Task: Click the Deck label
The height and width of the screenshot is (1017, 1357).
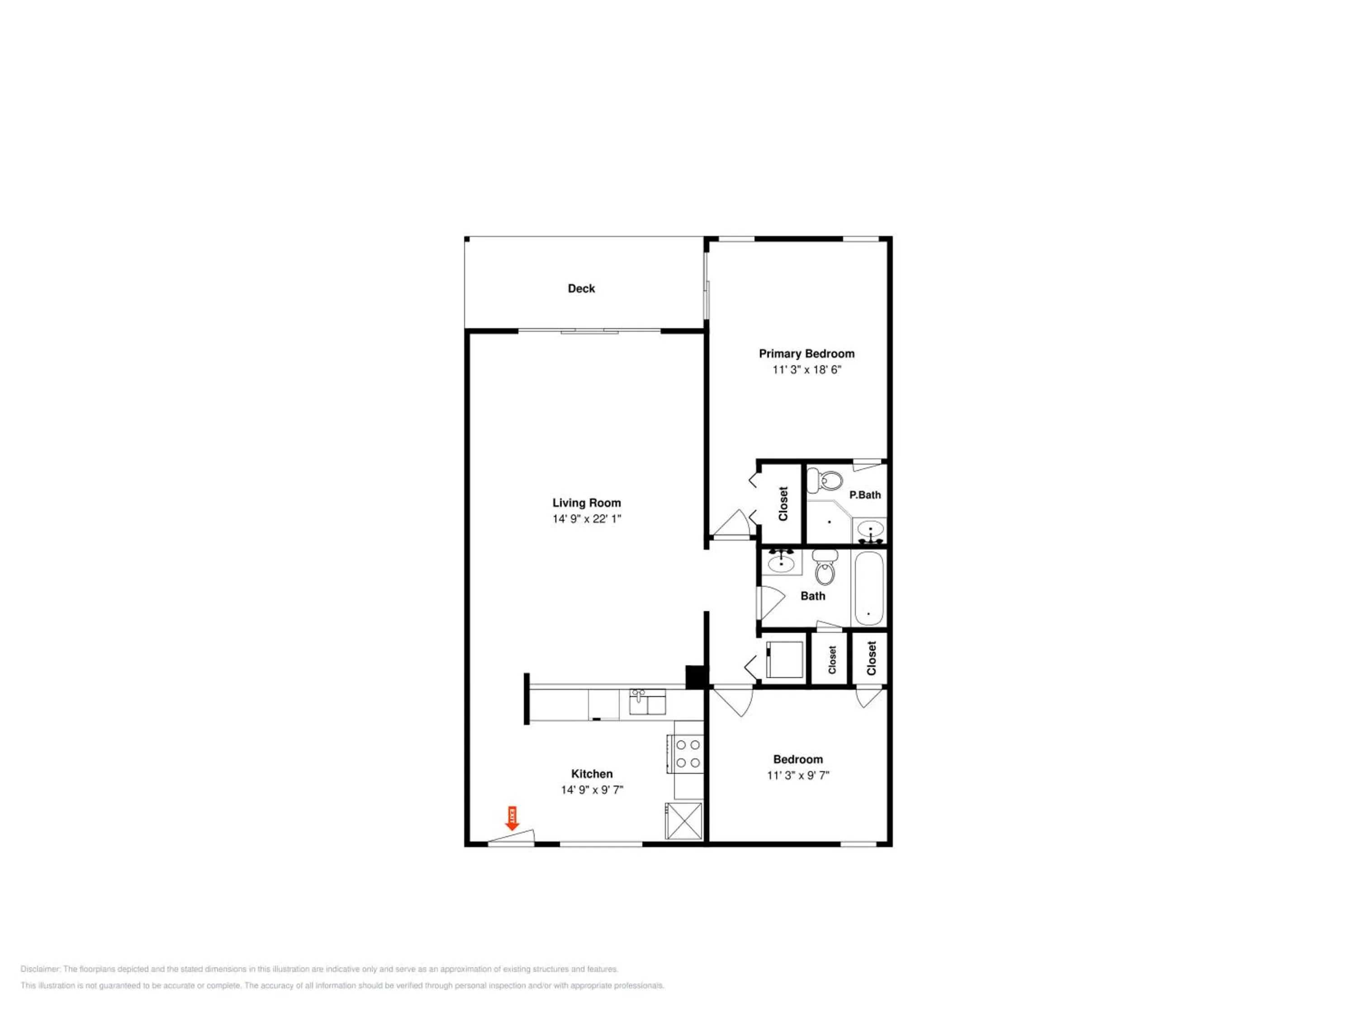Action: pyautogui.click(x=581, y=288)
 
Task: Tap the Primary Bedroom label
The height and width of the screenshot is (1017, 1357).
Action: pyautogui.click(x=806, y=354)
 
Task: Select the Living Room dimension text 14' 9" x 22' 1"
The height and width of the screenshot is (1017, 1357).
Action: pyautogui.click(x=587, y=518)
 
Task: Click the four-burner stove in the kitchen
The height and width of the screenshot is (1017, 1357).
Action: pyautogui.click(x=688, y=754)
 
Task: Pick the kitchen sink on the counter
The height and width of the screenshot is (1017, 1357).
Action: pyautogui.click(x=647, y=702)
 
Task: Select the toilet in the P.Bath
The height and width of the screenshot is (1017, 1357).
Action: pyautogui.click(x=825, y=480)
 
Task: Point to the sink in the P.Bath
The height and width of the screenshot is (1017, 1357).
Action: pyautogui.click(x=871, y=530)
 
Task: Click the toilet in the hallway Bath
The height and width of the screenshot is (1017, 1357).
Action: pyautogui.click(x=825, y=567)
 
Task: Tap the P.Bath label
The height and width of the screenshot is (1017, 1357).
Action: pyautogui.click(x=865, y=494)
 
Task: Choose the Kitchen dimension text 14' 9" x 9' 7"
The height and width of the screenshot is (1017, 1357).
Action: pyautogui.click(x=592, y=790)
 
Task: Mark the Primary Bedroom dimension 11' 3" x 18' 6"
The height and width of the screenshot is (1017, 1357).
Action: pyautogui.click(x=807, y=370)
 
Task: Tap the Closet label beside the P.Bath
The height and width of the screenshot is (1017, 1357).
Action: pyautogui.click(x=783, y=503)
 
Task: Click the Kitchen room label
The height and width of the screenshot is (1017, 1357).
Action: pyautogui.click(x=592, y=774)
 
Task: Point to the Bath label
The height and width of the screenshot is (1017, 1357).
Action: pyautogui.click(x=813, y=596)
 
